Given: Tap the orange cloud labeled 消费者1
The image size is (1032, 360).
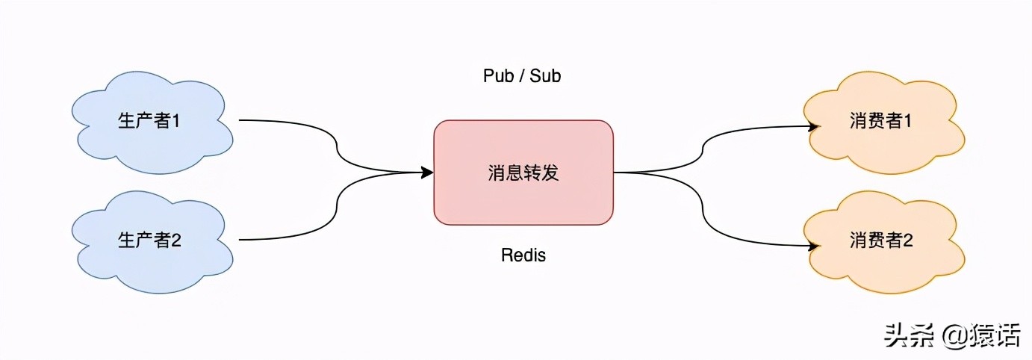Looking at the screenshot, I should [881, 121].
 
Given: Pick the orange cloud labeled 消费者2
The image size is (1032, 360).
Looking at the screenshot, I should [881, 240].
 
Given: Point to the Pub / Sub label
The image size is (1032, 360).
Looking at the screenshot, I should [522, 76].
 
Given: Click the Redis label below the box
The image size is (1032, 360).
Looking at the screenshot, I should [523, 255].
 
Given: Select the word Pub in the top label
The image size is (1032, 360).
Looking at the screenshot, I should [497, 76].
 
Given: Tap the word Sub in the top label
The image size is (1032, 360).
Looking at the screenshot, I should [545, 76].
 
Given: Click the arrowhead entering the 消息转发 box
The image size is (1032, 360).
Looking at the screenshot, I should [428, 173].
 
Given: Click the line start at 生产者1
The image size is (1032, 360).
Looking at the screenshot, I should [240, 120].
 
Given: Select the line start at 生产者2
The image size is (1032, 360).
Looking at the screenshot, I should [240, 240].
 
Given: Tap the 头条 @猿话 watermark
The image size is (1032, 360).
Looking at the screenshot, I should [951, 335].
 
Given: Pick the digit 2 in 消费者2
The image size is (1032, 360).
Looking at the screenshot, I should [908, 240].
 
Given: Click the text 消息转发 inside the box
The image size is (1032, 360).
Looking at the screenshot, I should [523, 173].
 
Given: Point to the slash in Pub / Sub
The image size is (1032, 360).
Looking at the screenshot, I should [521, 76].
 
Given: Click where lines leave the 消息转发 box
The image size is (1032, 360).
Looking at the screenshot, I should [615, 173].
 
